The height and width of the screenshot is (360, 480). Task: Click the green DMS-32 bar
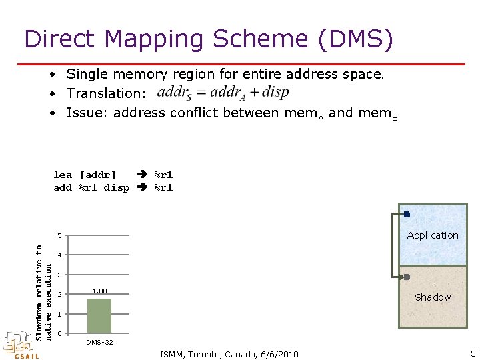click(99, 315)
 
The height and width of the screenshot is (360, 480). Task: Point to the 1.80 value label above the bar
click(99, 291)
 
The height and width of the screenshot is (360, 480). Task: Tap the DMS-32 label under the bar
click(99, 342)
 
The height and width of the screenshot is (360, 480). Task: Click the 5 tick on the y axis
click(59, 235)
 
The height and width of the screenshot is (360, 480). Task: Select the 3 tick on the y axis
click(59, 275)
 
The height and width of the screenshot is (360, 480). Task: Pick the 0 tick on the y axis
click(59, 333)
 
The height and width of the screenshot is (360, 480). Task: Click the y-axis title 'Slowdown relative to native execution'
click(43, 291)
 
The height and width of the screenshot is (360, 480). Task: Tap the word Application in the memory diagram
click(433, 235)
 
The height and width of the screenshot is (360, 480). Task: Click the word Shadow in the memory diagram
click(433, 297)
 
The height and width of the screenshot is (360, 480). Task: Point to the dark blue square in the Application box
click(407, 214)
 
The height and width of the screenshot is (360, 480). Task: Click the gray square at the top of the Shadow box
click(407, 277)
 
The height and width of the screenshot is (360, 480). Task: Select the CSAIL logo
click(20, 345)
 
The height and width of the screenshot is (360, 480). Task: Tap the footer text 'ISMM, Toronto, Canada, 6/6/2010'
click(229, 353)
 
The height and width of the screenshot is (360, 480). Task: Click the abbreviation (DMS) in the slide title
click(355, 40)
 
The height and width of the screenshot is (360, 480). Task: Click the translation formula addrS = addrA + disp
click(223, 93)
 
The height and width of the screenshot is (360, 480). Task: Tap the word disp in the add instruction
click(117, 187)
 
